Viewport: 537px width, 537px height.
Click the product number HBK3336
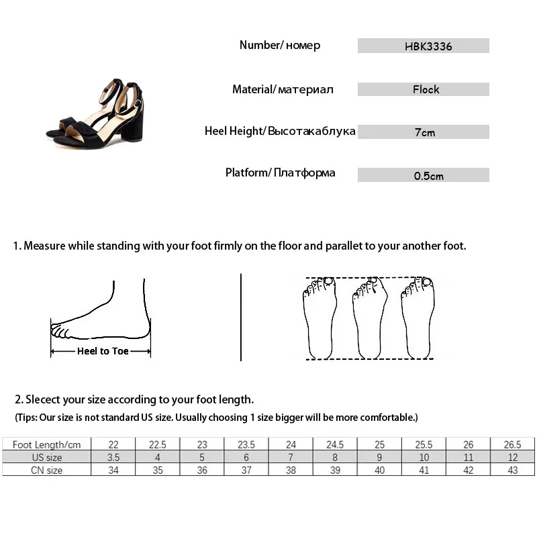coord(424,46)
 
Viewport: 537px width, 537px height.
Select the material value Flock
coord(426,89)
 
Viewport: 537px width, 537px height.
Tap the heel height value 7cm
coord(424,132)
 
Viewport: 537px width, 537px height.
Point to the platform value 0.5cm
coord(428,176)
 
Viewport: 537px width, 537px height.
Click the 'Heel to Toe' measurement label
coord(103,351)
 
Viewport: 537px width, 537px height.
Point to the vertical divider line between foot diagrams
coord(240,316)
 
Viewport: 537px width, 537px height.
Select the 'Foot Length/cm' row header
coord(46,444)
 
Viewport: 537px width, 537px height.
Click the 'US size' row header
coord(46,457)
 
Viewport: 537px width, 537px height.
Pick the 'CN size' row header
coord(46,470)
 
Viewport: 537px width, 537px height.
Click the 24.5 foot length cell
coord(335,444)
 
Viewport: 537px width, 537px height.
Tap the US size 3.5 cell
coord(113,457)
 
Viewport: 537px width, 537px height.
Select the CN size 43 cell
coord(513,470)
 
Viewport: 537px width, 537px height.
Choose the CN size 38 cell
coord(291,470)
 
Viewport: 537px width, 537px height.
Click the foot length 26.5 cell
coord(513,444)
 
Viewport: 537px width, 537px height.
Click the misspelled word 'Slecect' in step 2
coord(45,399)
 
